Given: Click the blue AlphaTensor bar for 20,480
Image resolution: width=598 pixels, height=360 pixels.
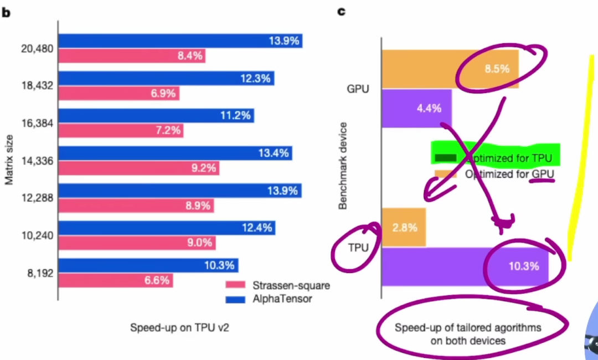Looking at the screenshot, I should point(181,41).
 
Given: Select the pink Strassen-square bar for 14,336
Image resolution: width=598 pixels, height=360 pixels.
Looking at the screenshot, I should point(138,168).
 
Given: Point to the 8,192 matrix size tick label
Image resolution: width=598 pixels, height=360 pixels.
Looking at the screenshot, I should point(38,273).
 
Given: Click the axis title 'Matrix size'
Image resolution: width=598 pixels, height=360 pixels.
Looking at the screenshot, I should point(9,161).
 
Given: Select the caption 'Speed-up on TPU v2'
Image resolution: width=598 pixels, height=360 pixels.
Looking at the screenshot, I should point(179,327).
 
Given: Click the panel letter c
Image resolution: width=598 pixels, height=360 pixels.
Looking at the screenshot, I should point(341,11).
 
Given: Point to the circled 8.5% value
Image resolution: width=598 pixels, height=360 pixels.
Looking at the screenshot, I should point(497,69).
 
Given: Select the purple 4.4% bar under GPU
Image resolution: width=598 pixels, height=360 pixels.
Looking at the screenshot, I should point(416,109).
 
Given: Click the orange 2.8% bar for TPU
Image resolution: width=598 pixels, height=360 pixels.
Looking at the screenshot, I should point(404,227).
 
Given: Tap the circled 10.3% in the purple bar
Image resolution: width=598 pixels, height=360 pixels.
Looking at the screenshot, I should point(523,266).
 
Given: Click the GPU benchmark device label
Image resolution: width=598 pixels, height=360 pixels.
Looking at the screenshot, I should point(358,89).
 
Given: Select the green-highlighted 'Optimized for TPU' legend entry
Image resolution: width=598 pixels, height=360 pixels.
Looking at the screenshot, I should point(496,158).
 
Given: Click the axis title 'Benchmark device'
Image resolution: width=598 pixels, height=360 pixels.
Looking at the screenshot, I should point(343,166).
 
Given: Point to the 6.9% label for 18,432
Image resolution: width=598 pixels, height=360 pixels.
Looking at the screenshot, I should point(163,94).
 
